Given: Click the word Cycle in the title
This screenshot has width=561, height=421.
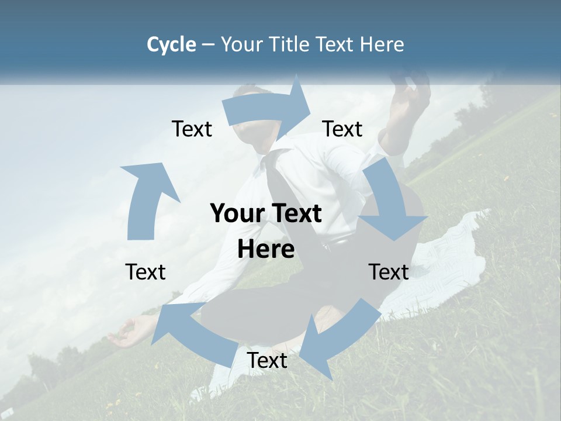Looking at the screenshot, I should click(171, 44).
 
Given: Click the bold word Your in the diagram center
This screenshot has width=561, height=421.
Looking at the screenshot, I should click(234, 213).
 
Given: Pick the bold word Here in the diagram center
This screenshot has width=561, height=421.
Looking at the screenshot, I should click(266, 250).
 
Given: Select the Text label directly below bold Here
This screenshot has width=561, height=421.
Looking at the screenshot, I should click(267, 360).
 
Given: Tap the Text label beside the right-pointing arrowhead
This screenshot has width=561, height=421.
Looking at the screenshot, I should click(342, 129).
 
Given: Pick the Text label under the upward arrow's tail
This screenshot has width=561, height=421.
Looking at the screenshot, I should click(146, 271).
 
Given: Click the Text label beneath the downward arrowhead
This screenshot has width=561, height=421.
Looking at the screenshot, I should click(389, 271).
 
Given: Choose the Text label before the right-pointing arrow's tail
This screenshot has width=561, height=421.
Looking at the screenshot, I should click(192, 129).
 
